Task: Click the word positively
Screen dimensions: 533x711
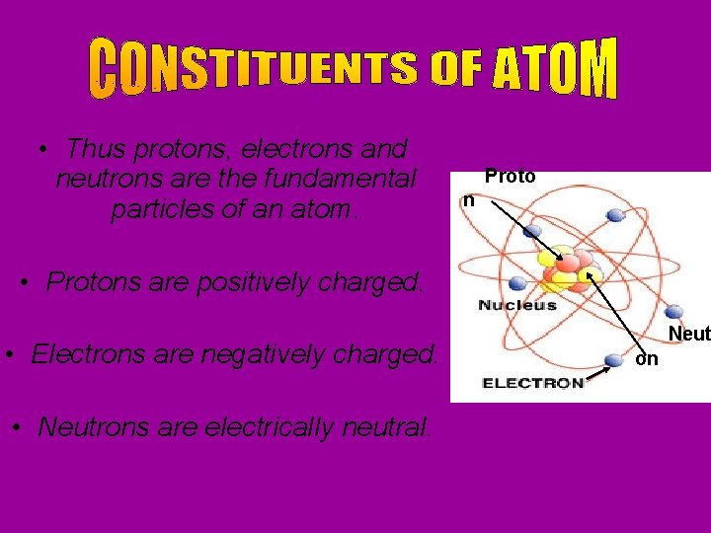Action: [x=251, y=282]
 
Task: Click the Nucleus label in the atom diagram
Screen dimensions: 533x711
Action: [x=517, y=305]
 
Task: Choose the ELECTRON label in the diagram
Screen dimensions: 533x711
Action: [x=533, y=383]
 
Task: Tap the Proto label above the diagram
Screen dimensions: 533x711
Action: [x=510, y=177]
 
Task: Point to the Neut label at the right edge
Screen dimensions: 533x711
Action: [x=688, y=335]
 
